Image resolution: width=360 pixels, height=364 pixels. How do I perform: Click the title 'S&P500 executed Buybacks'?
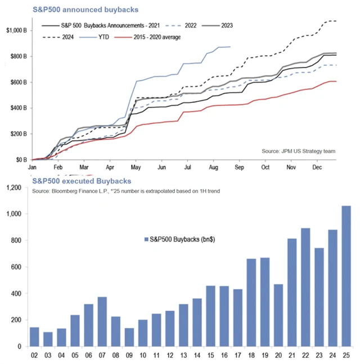pyautogui.click(x=81, y=181)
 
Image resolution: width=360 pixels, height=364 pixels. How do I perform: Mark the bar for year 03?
pyautogui.click(x=48, y=339)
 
